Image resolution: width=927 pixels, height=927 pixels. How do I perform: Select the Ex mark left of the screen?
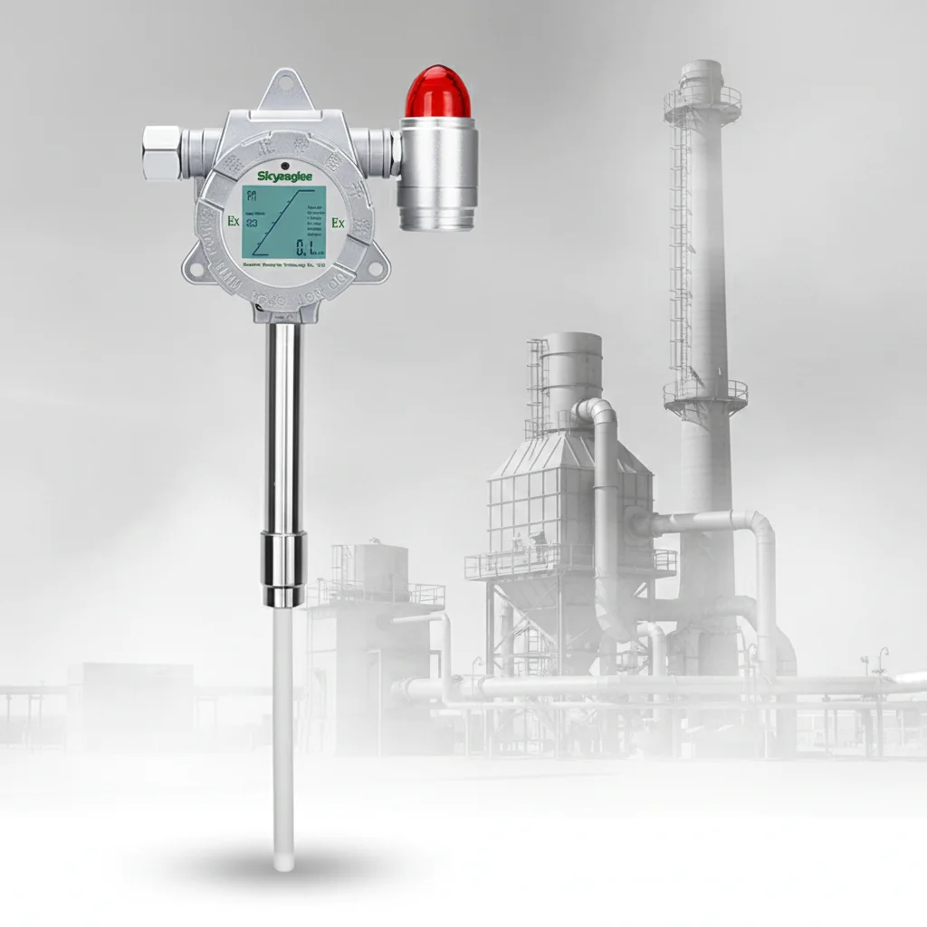coord(233,221)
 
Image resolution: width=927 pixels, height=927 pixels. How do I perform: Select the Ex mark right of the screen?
coord(338,223)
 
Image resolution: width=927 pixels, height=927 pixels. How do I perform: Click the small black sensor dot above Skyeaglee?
coord(284,163)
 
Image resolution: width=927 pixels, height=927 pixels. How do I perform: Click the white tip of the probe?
coord(283,860)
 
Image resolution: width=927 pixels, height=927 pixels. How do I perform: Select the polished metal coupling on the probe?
coord(283,569)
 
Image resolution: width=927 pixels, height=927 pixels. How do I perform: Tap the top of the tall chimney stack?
coord(702,72)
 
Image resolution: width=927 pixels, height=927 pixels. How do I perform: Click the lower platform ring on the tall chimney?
coord(705,393)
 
